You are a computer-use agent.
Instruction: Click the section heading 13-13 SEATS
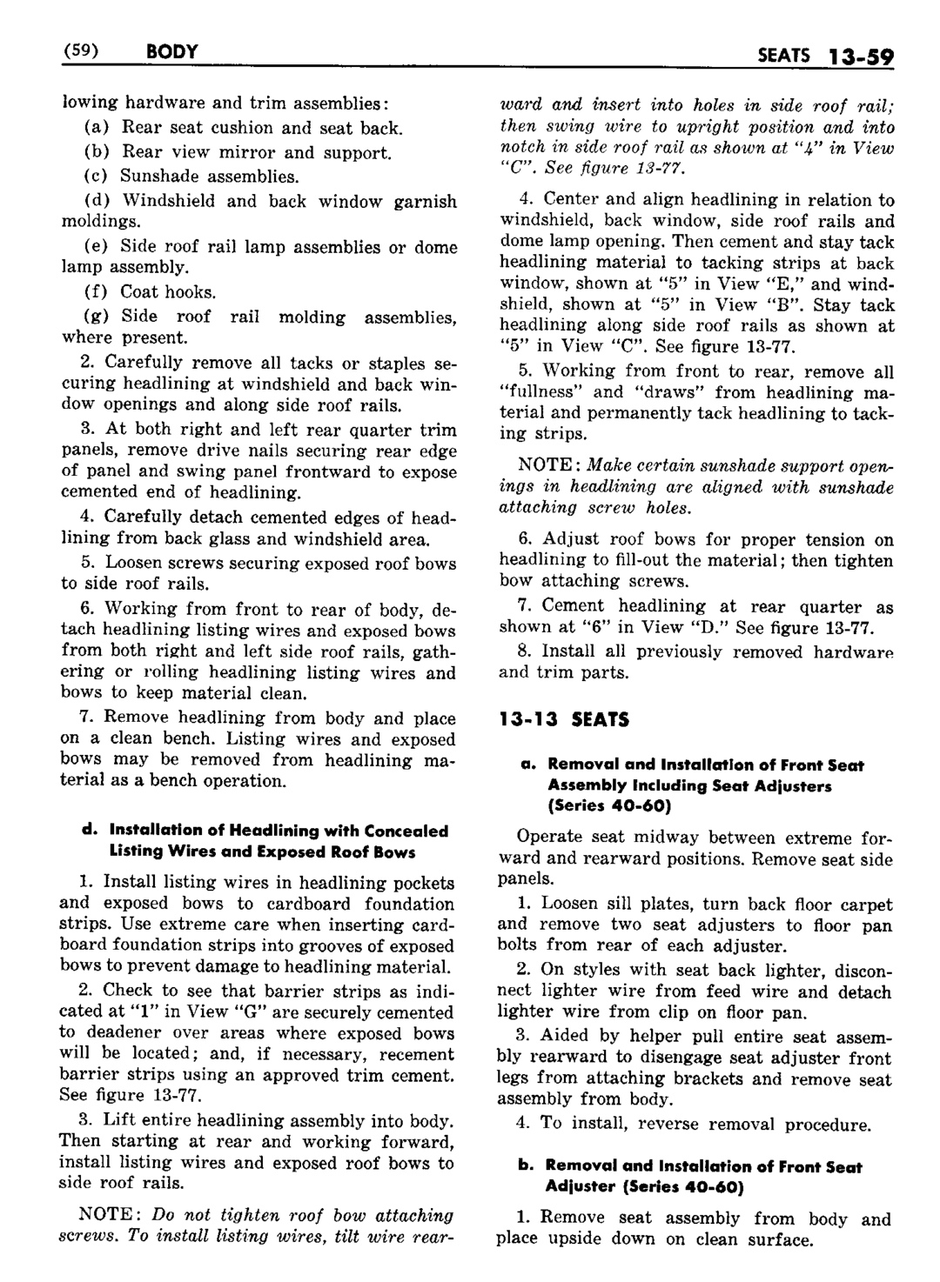564,719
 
